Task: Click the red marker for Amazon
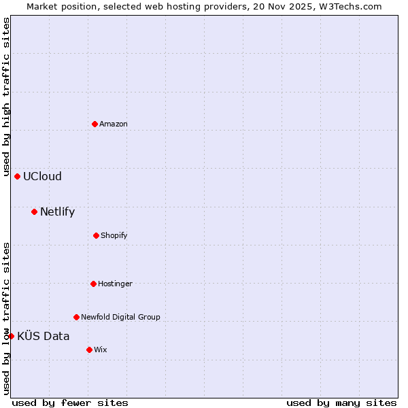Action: coord(95,124)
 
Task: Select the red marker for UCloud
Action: coord(17,176)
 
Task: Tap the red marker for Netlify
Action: coord(34,211)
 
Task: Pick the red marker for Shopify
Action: coord(96,235)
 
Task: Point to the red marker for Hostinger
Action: coord(93,284)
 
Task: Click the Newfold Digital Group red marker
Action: coord(76,317)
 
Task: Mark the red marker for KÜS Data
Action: coord(11,336)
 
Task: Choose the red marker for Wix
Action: coord(89,350)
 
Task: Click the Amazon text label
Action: coord(114,124)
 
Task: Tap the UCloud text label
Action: coord(42,176)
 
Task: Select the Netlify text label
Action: coord(57,211)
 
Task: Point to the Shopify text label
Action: coord(114,235)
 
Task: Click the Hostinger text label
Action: coord(115,284)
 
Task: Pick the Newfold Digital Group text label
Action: coord(120,317)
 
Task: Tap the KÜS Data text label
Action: coord(44,336)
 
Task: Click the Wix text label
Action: coord(101,350)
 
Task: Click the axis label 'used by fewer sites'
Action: coord(70,403)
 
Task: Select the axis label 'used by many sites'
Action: coord(341,403)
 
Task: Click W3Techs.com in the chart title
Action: coord(347,6)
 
